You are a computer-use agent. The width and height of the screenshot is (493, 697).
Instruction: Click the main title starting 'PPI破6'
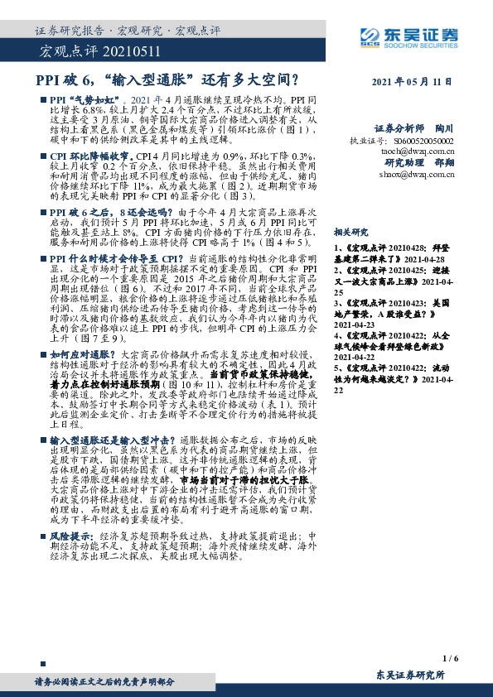(x=167, y=80)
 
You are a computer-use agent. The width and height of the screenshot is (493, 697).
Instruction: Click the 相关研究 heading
(x=349, y=234)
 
